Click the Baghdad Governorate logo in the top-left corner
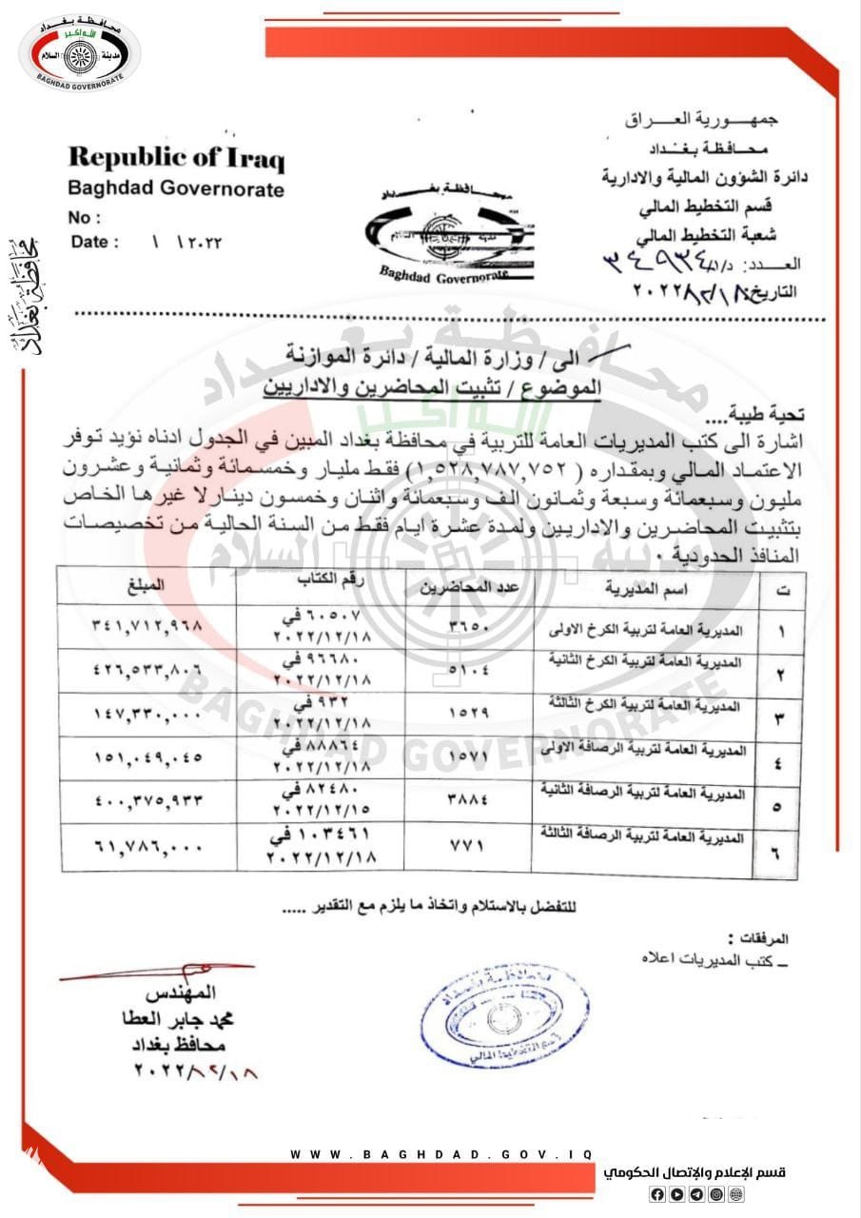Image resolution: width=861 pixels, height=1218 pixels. coord(79,54)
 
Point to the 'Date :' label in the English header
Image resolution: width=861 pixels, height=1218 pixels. coord(95,242)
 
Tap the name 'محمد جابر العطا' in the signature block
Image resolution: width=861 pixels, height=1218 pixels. coord(182,1019)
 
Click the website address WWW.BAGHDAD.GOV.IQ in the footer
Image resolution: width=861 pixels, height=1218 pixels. coord(441,1153)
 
